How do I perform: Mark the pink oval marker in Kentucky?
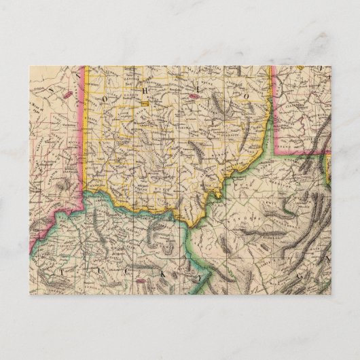[141, 278]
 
